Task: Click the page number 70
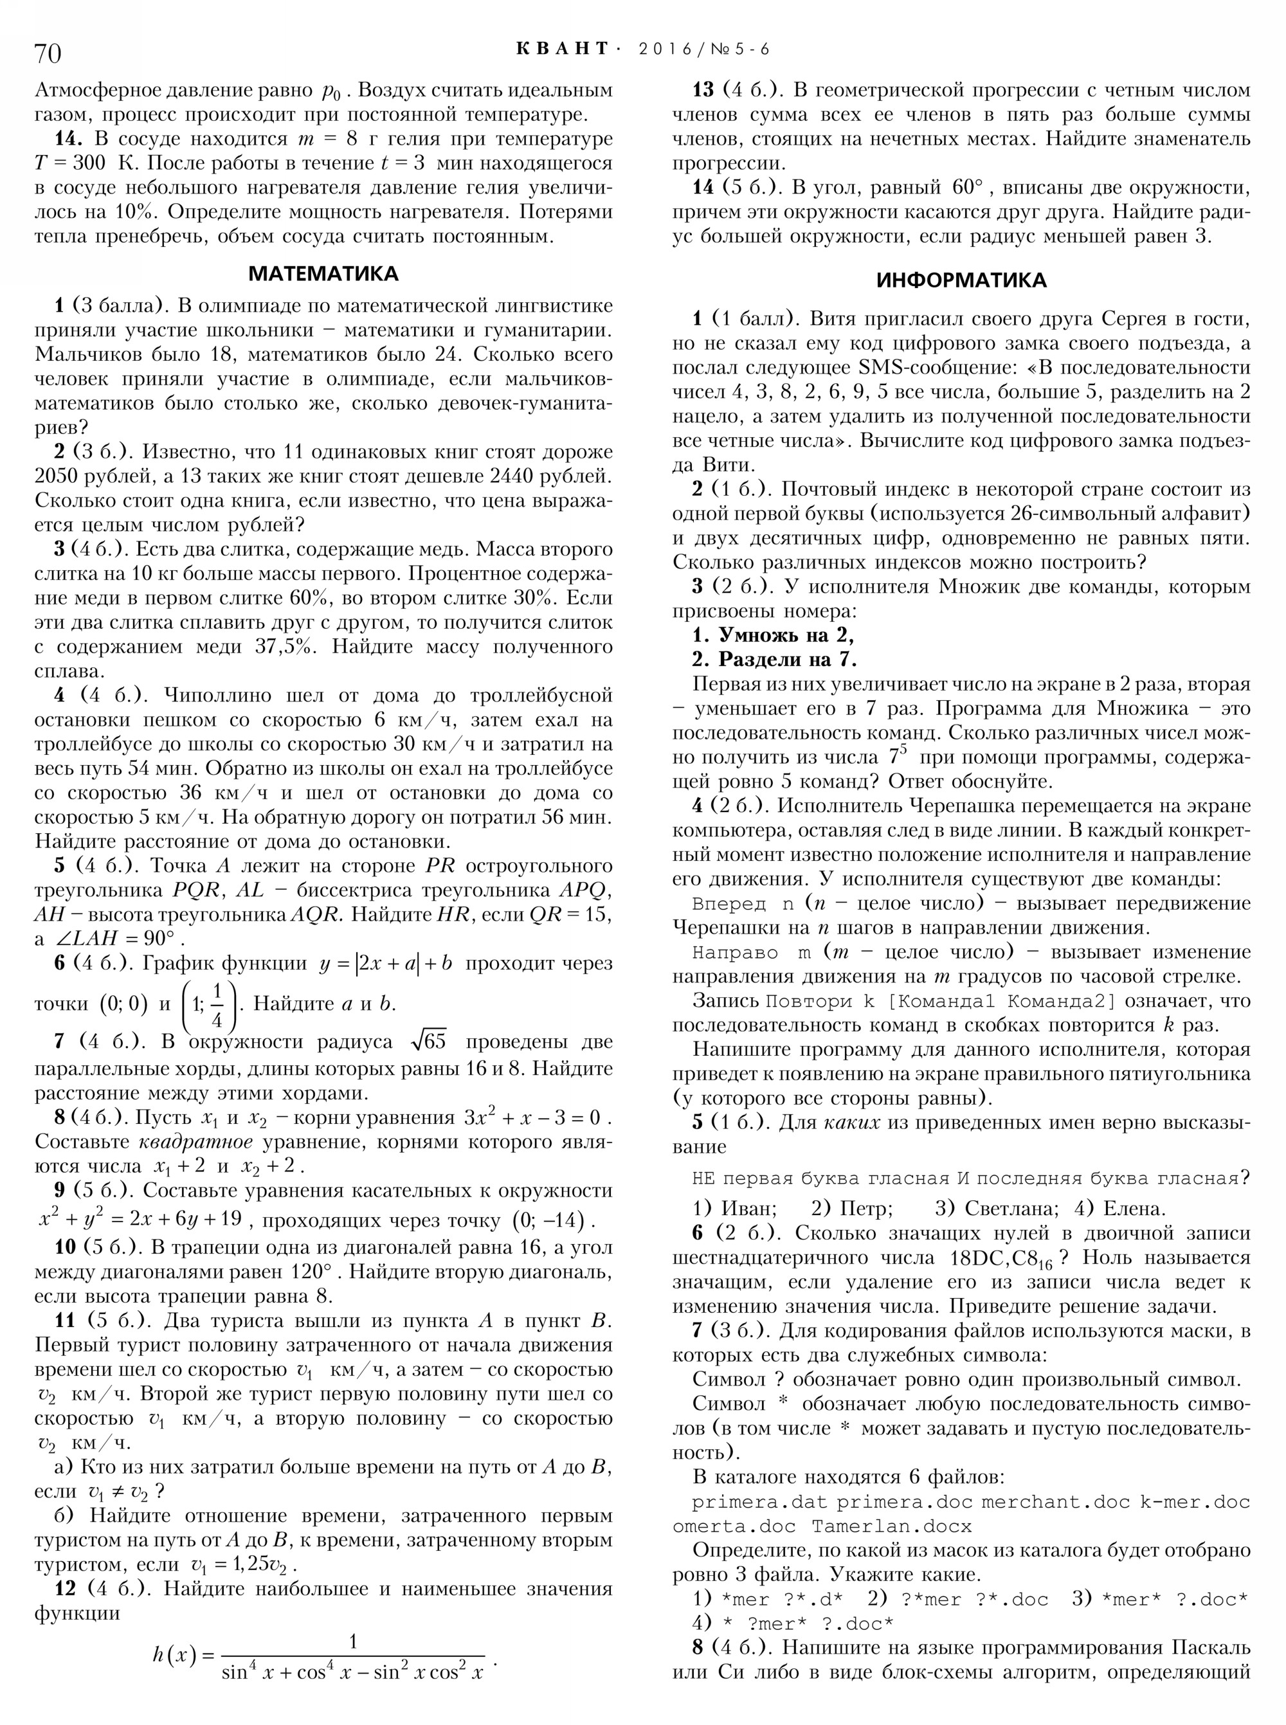tap(48, 53)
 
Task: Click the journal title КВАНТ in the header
tap(563, 49)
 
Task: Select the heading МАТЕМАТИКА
tap(323, 274)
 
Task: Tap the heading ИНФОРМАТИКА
tap(961, 280)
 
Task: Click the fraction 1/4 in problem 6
tap(217, 1004)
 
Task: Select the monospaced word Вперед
tap(729, 905)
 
